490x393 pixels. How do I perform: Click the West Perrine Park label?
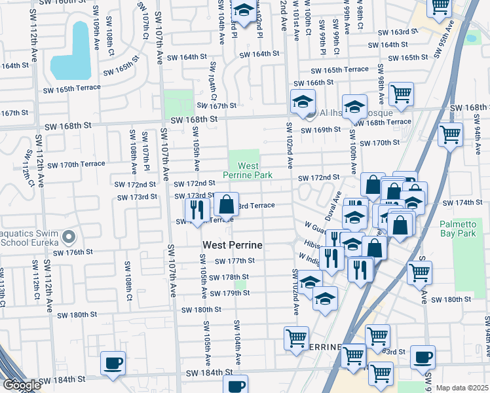pos(246,171)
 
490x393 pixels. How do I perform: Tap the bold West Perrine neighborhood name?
pos(232,245)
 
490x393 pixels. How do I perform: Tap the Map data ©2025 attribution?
pos(462,388)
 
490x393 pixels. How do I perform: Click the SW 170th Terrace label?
pos(76,164)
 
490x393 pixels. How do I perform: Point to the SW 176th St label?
pos(75,252)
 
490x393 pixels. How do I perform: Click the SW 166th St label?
pos(313,83)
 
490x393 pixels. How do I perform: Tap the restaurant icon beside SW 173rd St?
pos(196,209)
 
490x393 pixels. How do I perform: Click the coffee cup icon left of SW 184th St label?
pos(113,363)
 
